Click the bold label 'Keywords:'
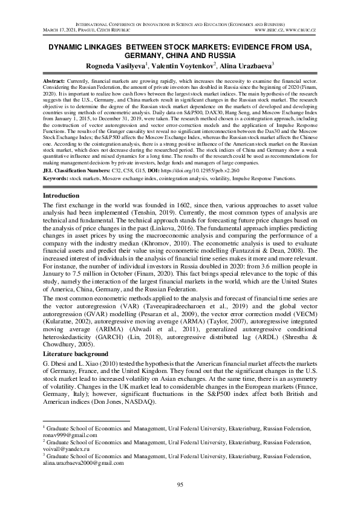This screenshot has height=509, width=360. pos(58,178)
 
